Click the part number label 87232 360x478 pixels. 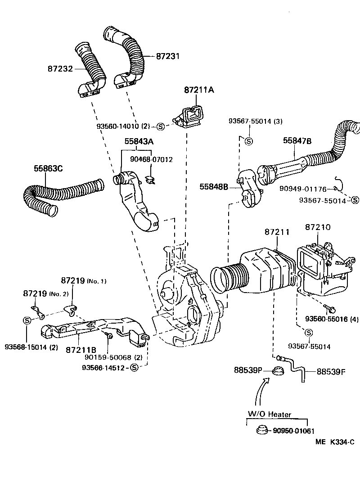click(x=60, y=69)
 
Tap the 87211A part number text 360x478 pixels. click(x=198, y=90)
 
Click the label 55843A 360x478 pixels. click(x=139, y=141)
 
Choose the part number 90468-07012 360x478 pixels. click(x=151, y=159)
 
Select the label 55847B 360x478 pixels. click(x=297, y=141)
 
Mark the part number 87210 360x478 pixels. click(x=318, y=227)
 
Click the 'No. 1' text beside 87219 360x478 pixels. click(x=96, y=281)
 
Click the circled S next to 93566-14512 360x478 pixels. click(x=134, y=368)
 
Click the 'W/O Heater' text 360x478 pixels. click(x=270, y=415)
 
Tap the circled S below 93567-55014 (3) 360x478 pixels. click(x=248, y=141)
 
